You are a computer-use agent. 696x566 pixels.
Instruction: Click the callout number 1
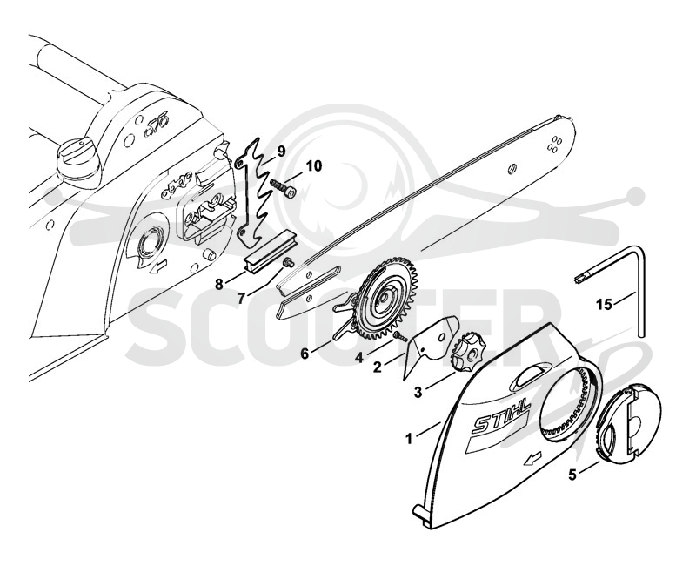pyautogui.click(x=408, y=439)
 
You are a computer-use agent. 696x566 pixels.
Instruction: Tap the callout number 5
pyautogui.click(x=572, y=475)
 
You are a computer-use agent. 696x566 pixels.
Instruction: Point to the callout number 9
pyautogui.click(x=280, y=152)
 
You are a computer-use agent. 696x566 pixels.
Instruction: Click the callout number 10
pyautogui.click(x=313, y=166)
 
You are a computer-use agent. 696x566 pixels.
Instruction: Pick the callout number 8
pyautogui.click(x=219, y=284)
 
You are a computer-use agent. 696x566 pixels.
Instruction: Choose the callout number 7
pyautogui.click(x=241, y=298)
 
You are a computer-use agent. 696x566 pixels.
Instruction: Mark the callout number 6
pyautogui.click(x=304, y=354)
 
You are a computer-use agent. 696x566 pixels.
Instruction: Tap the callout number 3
pyautogui.click(x=418, y=392)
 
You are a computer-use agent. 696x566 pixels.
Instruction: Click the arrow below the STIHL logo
pyautogui.click(x=532, y=459)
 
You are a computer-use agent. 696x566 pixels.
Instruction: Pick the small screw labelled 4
pyautogui.click(x=400, y=336)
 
